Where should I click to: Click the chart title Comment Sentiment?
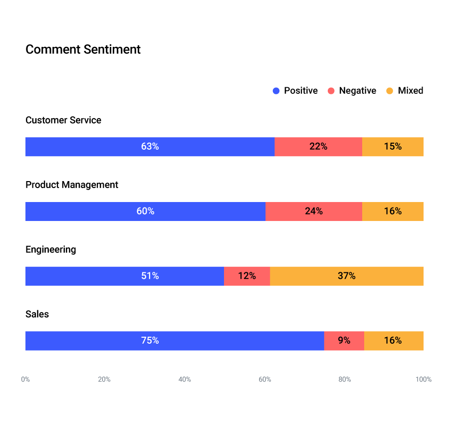point(83,49)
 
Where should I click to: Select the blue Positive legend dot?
point(276,91)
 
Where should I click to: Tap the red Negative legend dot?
point(331,91)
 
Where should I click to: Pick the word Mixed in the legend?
point(410,91)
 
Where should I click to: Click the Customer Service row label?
point(63,120)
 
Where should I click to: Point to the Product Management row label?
point(72,185)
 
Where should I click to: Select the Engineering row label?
point(51,249)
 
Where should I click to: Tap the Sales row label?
point(37,314)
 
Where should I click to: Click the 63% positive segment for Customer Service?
point(150,147)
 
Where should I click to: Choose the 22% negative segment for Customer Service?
point(318,147)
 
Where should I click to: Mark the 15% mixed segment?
point(393,147)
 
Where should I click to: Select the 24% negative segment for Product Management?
point(314,212)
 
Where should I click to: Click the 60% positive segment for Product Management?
point(145,212)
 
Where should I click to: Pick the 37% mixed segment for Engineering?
point(346,276)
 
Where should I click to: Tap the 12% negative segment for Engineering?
point(247,276)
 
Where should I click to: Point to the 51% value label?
point(150,276)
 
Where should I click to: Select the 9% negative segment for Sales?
point(344,341)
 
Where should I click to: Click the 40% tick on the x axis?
point(185,380)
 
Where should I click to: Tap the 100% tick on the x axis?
point(423,380)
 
